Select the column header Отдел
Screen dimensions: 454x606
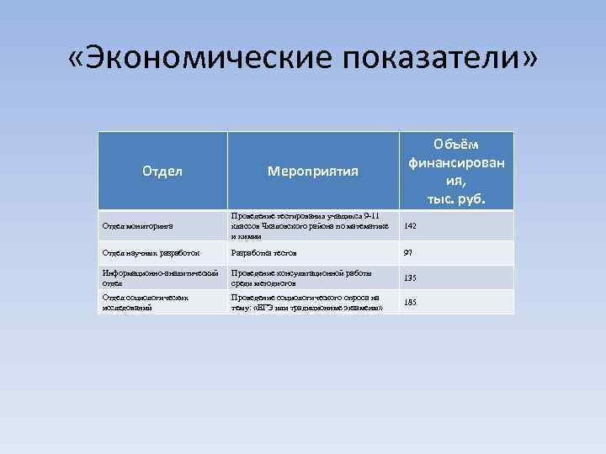pyautogui.click(x=162, y=172)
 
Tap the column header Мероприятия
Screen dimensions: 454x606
pyautogui.click(x=312, y=172)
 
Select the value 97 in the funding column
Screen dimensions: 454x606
pyautogui.click(x=409, y=253)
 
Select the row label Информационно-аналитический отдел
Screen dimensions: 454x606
pyautogui.click(x=160, y=277)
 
